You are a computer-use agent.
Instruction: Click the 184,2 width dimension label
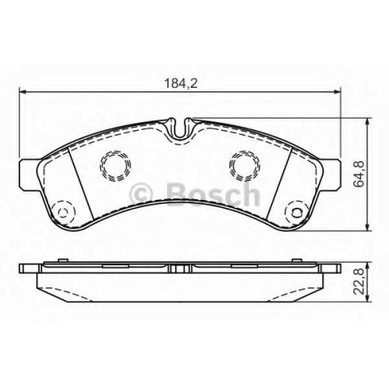181,83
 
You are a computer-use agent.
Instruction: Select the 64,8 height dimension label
359,174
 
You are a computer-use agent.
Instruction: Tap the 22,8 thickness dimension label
359,282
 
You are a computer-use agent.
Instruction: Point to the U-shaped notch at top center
180,129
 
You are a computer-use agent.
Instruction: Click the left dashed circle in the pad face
115,165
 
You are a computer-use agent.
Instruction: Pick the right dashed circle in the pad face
244,165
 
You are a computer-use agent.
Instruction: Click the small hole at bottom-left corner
63,213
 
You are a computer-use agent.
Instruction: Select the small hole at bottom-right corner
296,213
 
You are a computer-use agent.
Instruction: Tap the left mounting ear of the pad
29,175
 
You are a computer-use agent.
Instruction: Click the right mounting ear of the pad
331,175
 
